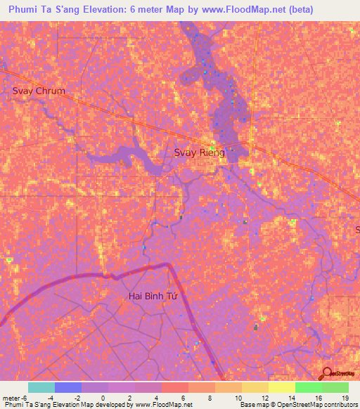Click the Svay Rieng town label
tap(199, 152)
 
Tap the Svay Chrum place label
tap(39, 91)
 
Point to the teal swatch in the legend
tap(41, 387)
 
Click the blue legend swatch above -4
tap(68, 387)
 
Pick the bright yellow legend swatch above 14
tap(281, 387)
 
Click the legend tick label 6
tap(182, 397)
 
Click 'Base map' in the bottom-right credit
tap(254, 405)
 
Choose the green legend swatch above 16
tap(308, 387)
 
